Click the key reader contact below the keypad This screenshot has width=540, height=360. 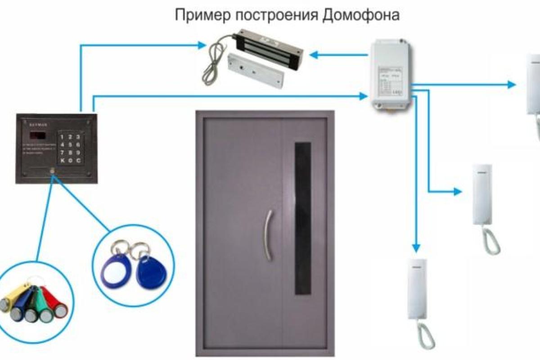[53, 171]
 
